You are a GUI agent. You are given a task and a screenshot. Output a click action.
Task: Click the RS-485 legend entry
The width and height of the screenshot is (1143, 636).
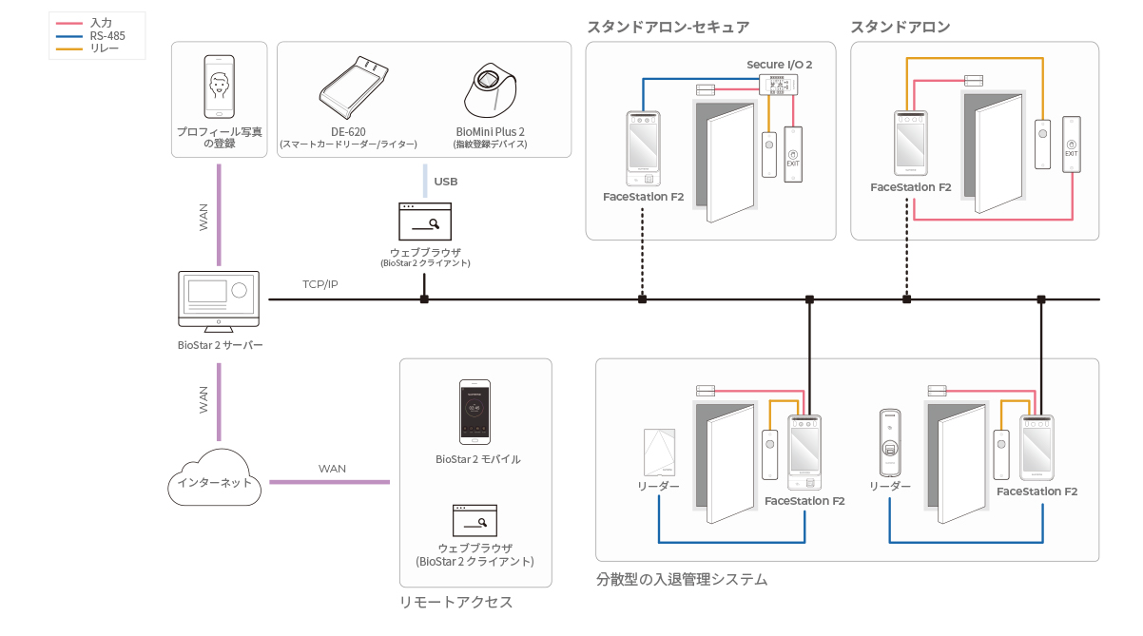[x=91, y=36]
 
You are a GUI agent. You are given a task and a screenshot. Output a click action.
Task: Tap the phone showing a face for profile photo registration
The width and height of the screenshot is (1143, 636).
[x=220, y=87]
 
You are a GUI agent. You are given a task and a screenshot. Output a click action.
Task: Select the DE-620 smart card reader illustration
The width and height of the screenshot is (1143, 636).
[x=353, y=87]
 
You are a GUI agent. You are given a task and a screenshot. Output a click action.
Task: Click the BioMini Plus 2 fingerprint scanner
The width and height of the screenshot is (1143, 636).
[x=491, y=90]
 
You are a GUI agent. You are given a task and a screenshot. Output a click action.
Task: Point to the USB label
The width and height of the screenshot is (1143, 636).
[x=445, y=182]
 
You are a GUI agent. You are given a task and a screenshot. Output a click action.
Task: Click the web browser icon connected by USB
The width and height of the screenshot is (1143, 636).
[x=425, y=222]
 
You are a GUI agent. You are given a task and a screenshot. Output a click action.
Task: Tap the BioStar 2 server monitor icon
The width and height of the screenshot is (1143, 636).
[x=219, y=301]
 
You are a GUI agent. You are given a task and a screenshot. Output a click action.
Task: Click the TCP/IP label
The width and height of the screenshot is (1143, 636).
[x=320, y=284]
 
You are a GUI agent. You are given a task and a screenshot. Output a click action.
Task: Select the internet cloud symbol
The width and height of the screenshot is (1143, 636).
[x=214, y=477]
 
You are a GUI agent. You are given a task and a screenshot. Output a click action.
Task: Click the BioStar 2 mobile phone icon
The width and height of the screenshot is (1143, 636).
[x=475, y=412]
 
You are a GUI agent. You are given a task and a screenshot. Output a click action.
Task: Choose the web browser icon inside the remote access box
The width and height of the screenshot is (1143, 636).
[x=475, y=521]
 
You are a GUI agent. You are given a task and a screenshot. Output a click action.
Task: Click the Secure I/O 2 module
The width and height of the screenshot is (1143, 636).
[x=778, y=85]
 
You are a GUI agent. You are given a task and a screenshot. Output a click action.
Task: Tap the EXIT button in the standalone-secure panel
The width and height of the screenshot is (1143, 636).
[x=793, y=155]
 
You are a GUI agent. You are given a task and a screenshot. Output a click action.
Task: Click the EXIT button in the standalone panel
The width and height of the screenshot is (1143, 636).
[x=1072, y=145]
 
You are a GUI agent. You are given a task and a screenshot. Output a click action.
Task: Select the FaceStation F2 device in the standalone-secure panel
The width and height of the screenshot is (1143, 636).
[x=644, y=148]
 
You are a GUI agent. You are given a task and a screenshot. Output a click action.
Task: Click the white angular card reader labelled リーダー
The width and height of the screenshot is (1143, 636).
[x=659, y=453]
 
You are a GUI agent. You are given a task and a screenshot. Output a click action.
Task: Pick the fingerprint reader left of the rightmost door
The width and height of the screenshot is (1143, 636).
[x=890, y=443]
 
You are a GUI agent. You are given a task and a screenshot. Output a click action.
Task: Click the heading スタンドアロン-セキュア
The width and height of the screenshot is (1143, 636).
[x=668, y=27]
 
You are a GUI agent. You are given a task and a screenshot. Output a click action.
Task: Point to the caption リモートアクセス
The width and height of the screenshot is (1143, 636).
[x=455, y=603]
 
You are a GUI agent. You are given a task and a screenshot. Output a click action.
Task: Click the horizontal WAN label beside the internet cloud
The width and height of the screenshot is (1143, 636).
[x=332, y=469]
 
